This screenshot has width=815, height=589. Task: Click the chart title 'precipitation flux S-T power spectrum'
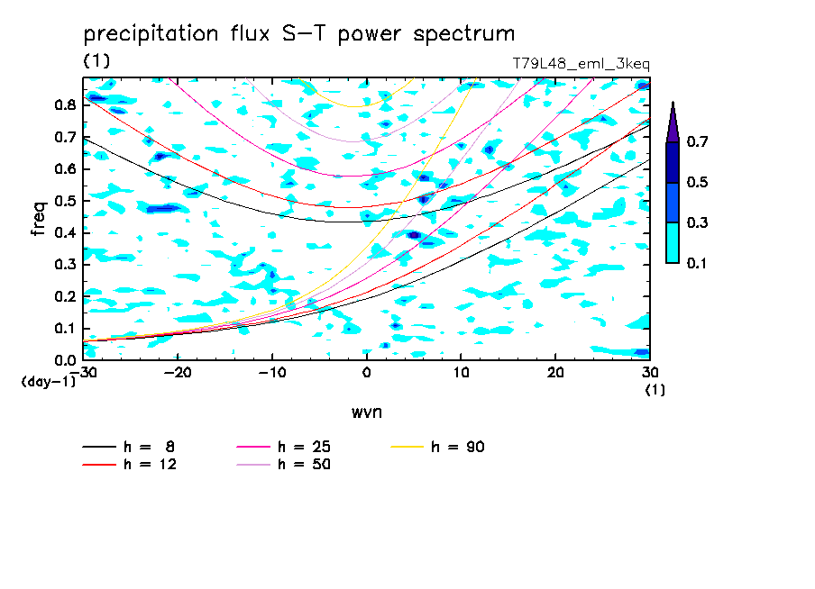tap(299, 34)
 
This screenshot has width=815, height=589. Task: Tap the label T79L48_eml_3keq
tap(581, 64)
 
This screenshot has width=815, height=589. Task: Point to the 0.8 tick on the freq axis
tap(65, 104)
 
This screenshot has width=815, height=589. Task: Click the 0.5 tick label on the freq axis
tap(65, 201)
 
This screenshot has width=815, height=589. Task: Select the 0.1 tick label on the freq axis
tap(65, 329)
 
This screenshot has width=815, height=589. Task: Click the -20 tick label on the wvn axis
tap(178, 373)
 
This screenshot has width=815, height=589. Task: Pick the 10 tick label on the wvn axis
tap(461, 373)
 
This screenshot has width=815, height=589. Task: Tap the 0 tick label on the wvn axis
tap(366, 373)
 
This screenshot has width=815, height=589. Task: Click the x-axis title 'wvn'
tap(366, 412)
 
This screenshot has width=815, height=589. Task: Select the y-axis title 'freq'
tap(39, 219)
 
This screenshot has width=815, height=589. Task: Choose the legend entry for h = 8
tap(128, 447)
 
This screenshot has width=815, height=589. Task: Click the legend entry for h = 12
tap(130, 464)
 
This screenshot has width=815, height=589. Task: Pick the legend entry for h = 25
tap(283, 447)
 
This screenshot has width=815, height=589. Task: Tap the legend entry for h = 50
tap(283, 464)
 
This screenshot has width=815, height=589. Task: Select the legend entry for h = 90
tap(437, 447)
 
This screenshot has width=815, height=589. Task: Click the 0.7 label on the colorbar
tap(697, 141)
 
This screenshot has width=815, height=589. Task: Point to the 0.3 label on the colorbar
tap(697, 222)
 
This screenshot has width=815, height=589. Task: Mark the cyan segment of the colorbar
tap(673, 242)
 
